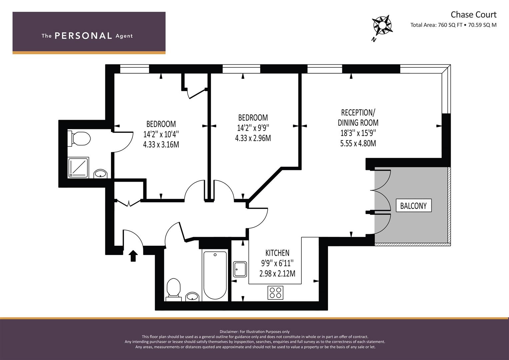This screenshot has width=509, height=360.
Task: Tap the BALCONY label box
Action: [x=414, y=206]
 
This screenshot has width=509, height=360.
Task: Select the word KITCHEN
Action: [x=277, y=253]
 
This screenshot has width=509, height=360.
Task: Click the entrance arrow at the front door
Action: [x=133, y=256]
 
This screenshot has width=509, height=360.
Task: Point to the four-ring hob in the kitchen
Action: [x=275, y=293]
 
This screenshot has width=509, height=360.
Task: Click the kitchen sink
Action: [x=240, y=269]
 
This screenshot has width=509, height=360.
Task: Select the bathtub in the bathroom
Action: [x=215, y=275]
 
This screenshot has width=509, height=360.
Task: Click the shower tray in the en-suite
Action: [x=78, y=167]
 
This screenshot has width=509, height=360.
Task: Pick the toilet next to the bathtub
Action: [x=174, y=290]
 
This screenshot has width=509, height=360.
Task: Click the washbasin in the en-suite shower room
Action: [x=100, y=174]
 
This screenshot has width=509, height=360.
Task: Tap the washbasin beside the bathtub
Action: [x=192, y=297]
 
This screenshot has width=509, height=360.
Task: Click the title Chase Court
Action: [x=474, y=15]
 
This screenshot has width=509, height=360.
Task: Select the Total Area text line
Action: [x=453, y=25]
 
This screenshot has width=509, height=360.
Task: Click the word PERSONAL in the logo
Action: [x=83, y=36]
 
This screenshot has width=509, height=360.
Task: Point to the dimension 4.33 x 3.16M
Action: [x=161, y=145]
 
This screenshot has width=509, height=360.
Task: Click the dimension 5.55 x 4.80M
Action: [x=358, y=143]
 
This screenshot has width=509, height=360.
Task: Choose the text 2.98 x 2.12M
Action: [x=277, y=273]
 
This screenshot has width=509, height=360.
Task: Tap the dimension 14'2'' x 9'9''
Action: [x=253, y=128]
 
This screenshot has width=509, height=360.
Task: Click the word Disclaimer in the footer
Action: [x=229, y=332]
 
